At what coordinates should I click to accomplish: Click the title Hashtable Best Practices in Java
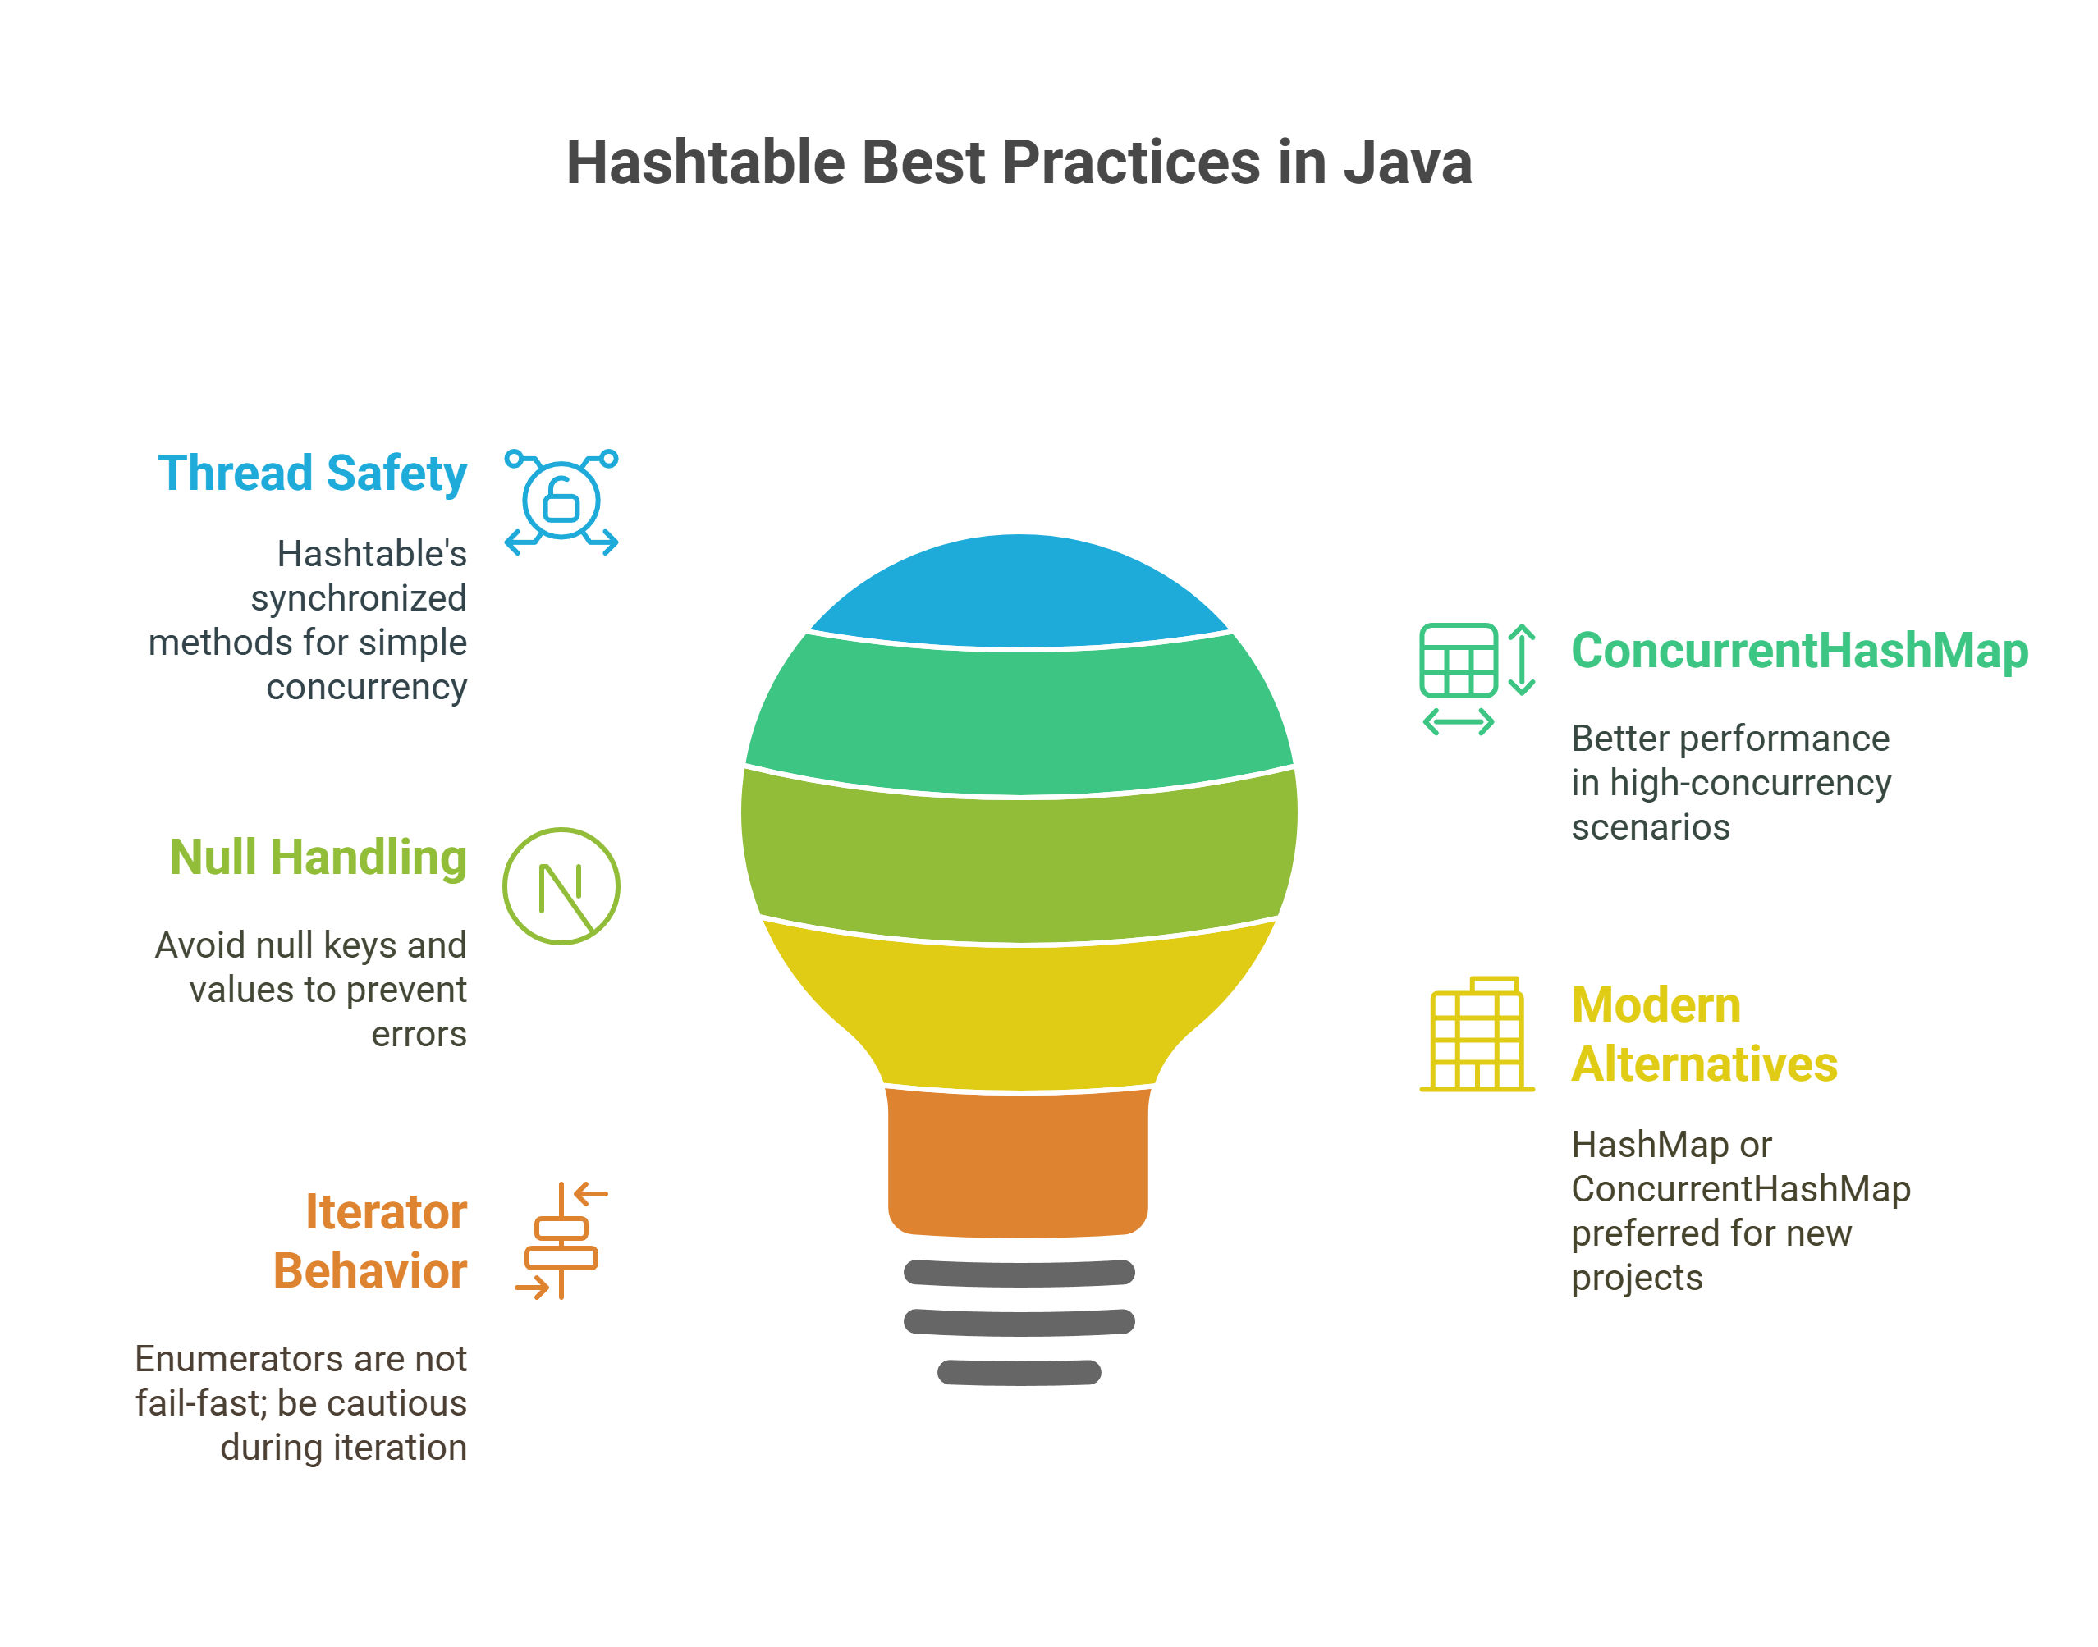click(x=1018, y=162)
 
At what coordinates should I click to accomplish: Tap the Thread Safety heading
click(x=313, y=474)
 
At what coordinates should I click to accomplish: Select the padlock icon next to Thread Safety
click(x=561, y=501)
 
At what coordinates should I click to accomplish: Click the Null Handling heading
click(x=318, y=858)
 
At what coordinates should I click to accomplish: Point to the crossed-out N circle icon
click(x=561, y=886)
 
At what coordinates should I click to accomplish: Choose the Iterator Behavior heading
click(x=370, y=1241)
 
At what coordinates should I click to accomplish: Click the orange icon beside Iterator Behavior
click(x=561, y=1241)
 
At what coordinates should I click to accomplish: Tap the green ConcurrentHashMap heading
click(x=1800, y=651)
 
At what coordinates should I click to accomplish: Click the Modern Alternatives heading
click(x=1705, y=1035)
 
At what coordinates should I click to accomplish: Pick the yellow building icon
click(x=1477, y=1034)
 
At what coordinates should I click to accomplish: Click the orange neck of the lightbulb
click(x=1019, y=1163)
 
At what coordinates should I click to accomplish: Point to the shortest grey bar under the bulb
click(x=1019, y=1372)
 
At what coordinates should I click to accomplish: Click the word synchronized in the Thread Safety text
click(x=359, y=599)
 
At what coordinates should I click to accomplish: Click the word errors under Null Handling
click(x=419, y=1035)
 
